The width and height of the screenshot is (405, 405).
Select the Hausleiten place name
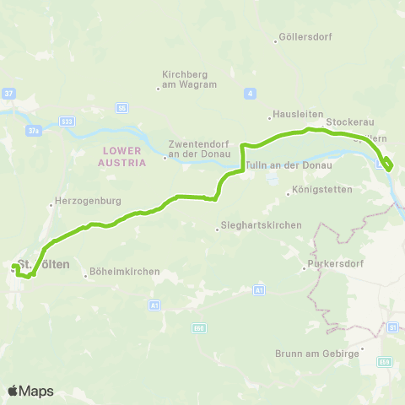pyautogui.click(x=293, y=116)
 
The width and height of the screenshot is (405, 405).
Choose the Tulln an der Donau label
pyautogui.click(x=290, y=165)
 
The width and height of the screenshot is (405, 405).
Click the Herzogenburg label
pyautogui.click(x=88, y=202)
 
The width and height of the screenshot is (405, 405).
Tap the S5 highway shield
pyautogui.click(x=122, y=108)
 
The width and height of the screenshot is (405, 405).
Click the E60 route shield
pyautogui.click(x=200, y=327)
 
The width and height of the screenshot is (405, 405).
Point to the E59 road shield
pyautogui.click(x=385, y=361)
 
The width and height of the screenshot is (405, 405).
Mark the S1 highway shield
pyautogui.click(x=392, y=327)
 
